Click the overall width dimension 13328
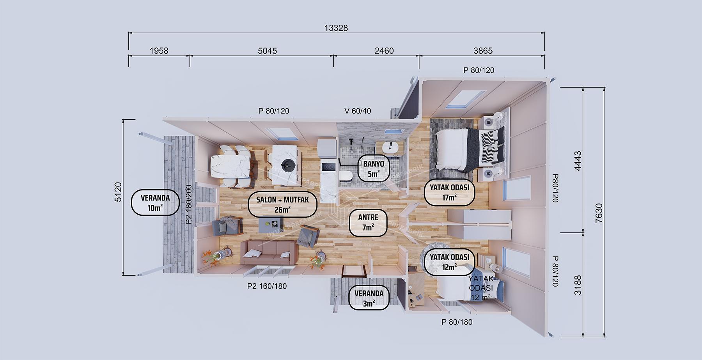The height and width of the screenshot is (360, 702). [x=336, y=28]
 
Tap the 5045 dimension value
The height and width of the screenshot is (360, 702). [x=268, y=51]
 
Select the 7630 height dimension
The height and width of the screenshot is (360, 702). [x=599, y=213]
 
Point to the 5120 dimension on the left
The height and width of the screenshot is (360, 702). [x=119, y=192]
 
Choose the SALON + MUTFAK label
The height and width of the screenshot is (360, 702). [x=282, y=205]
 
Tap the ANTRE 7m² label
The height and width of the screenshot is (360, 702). [x=368, y=223]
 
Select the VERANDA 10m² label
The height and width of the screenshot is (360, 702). [x=155, y=203]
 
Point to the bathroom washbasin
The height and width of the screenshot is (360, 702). [x=389, y=148]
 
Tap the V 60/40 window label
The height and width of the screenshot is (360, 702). [x=358, y=111]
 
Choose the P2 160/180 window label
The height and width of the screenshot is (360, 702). [x=267, y=286]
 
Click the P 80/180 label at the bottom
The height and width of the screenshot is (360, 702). [x=457, y=322]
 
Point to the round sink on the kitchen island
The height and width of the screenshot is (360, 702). [x=287, y=165]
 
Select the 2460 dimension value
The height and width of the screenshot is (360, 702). [x=384, y=51]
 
